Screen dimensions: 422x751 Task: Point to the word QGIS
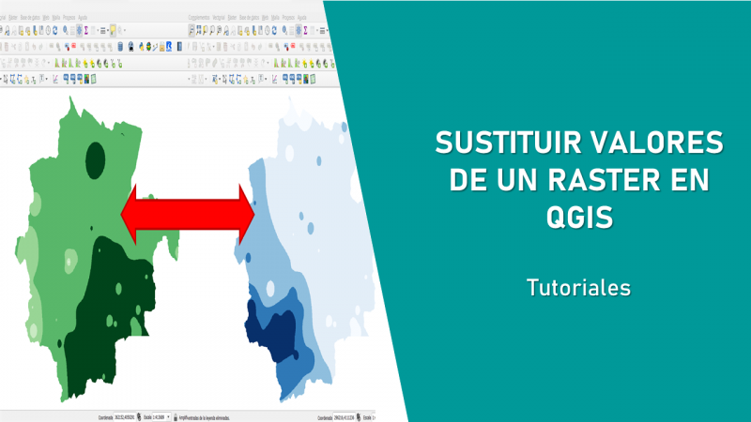coord(578,218)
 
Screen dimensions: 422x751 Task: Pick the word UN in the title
coord(525,181)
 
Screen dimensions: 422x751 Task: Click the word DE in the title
coord(471,181)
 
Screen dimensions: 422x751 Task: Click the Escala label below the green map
coord(149,415)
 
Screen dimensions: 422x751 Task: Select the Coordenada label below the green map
coord(101,415)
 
